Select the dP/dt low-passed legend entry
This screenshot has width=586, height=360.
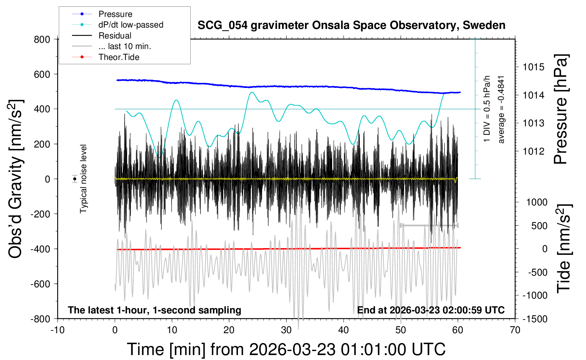tap(131, 25)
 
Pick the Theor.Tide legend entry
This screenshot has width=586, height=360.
tap(119, 57)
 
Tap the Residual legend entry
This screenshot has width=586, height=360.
tap(115, 36)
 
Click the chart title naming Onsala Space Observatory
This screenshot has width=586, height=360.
tap(351, 25)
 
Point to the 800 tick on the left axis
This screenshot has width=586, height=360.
tap(42, 40)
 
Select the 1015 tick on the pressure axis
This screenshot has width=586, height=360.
tap(533, 67)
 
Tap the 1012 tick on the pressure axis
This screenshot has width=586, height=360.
tap(533, 151)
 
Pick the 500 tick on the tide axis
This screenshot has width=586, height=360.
tap(539, 226)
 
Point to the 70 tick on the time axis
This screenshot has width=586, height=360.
tap(515, 330)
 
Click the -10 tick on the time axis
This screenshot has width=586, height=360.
tap(58, 330)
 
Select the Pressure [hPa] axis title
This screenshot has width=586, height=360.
tap(561, 109)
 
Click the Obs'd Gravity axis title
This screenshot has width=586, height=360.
tap(16, 179)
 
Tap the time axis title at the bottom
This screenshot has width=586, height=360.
tap(286, 349)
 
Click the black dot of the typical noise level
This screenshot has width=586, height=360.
tap(75, 179)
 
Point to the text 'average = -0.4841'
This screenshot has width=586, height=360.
tap(501, 109)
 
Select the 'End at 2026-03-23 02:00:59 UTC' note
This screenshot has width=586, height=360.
tap(431, 310)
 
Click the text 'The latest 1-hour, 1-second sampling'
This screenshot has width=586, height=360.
tap(155, 310)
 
